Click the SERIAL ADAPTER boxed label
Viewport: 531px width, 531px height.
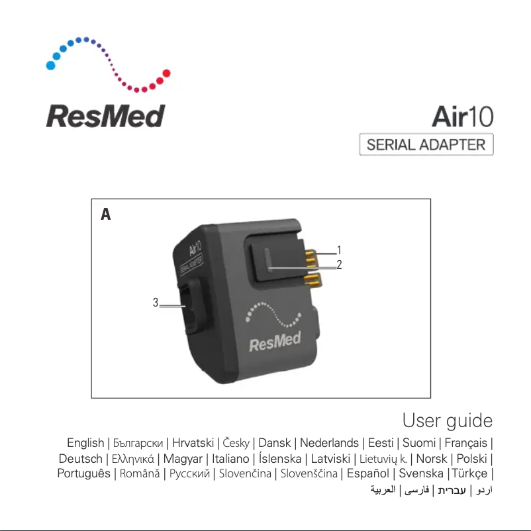click(x=426, y=144)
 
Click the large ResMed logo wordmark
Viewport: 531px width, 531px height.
click(x=105, y=117)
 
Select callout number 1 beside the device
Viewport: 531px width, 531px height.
click(x=338, y=250)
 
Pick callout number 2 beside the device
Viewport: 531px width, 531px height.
click(x=338, y=265)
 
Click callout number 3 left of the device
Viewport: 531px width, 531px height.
click(x=156, y=303)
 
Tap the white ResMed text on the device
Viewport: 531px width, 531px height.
click(x=275, y=342)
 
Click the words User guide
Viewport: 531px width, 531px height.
click(x=447, y=420)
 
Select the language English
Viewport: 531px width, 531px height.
click(x=85, y=443)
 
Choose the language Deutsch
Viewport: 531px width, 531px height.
click(x=80, y=458)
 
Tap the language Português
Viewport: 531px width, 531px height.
click(x=83, y=473)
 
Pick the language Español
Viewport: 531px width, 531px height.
click(x=367, y=473)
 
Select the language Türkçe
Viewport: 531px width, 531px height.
click(x=469, y=473)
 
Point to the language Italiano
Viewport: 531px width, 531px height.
click(x=230, y=458)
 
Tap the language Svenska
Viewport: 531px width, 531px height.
click(x=420, y=473)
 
